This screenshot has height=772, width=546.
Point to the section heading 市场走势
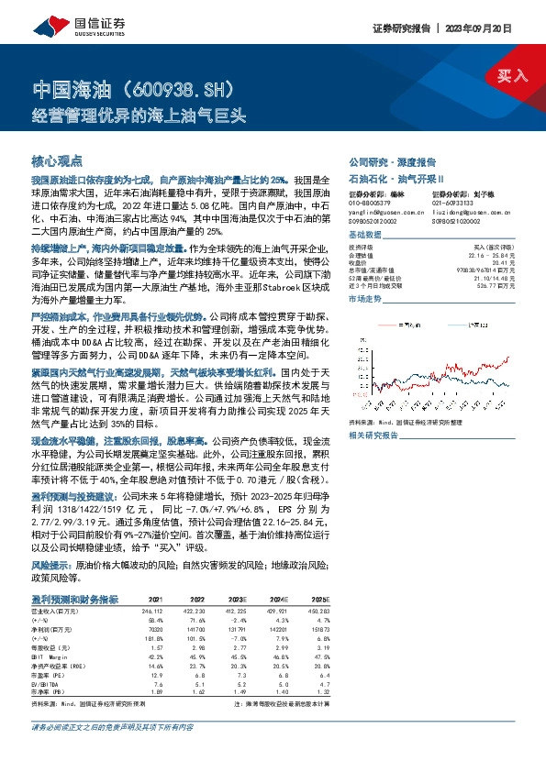[366, 300]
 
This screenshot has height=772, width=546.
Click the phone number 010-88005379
[371, 204]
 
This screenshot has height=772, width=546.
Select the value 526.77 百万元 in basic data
[490, 284]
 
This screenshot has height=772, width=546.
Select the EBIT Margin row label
[48, 656]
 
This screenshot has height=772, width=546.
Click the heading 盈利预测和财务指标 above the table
[74, 599]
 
